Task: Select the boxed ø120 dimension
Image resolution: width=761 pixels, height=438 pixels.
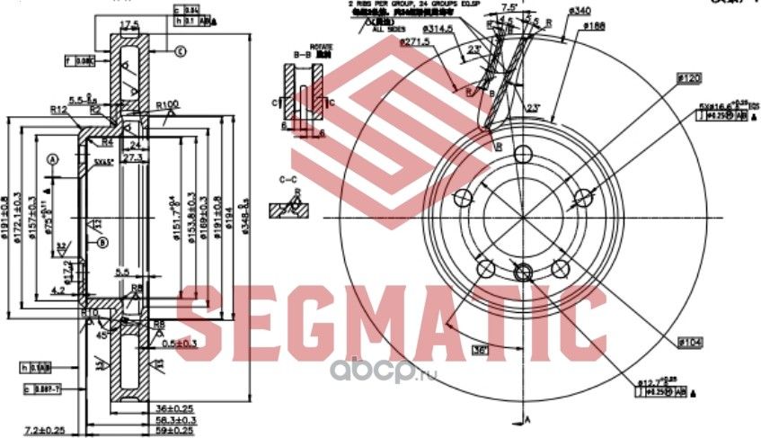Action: (689, 79)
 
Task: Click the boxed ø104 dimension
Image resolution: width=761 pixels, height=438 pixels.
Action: (689, 344)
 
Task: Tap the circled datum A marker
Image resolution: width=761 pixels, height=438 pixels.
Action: (52, 159)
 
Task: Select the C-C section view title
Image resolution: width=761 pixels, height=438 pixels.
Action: (289, 180)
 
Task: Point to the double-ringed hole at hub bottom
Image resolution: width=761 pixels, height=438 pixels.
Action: (522, 269)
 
